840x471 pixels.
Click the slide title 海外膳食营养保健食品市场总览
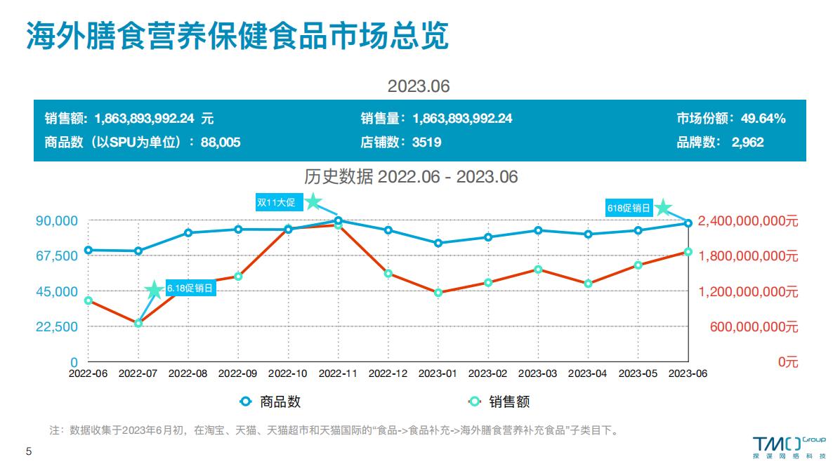pyautogui.click(x=237, y=36)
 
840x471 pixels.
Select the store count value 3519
pyautogui.click(x=426, y=142)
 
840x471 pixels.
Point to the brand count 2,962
pyautogui.click(x=747, y=142)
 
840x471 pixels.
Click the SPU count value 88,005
pyautogui.click(x=221, y=142)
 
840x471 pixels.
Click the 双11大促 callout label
pyautogui.click(x=277, y=203)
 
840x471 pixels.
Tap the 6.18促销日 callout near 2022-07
pyautogui.click(x=190, y=288)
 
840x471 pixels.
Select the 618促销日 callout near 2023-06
pyautogui.click(x=629, y=208)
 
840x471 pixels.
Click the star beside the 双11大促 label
pyautogui.click(x=313, y=202)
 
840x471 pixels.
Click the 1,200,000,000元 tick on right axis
pyautogui.click(x=749, y=291)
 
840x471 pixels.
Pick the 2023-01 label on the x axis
pyautogui.click(x=438, y=374)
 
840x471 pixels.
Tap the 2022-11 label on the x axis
pyautogui.click(x=339, y=374)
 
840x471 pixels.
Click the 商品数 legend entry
pyautogui.click(x=271, y=402)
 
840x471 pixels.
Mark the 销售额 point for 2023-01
pyautogui.click(x=438, y=293)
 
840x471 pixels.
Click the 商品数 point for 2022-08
pyautogui.click(x=188, y=233)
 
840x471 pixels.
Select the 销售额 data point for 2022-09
pyautogui.click(x=238, y=277)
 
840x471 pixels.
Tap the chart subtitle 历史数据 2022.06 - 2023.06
pyautogui.click(x=411, y=177)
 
